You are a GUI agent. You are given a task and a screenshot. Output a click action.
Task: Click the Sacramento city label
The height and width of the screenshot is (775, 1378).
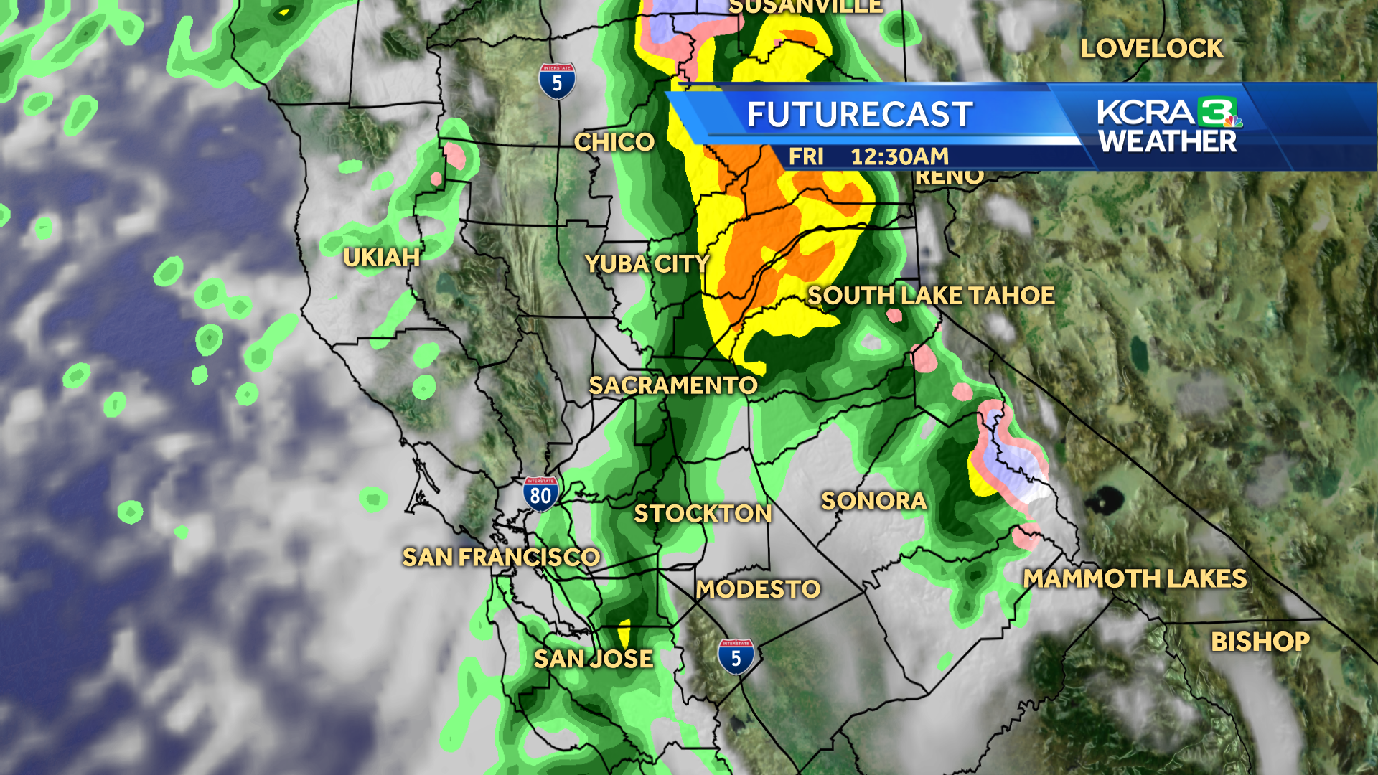(672, 385)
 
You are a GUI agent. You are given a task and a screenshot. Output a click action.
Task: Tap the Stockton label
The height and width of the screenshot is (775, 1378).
(703, 513)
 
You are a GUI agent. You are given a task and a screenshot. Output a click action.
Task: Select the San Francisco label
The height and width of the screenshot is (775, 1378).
(500, 557)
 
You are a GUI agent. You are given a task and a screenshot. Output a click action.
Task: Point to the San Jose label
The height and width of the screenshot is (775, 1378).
(593, 659)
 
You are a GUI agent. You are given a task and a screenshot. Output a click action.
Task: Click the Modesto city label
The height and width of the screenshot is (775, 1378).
(758, 589)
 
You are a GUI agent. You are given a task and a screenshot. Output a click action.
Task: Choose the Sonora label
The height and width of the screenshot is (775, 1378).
(873, 501)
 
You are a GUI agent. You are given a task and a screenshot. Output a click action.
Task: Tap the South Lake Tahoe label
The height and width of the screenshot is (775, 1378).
(931, 296)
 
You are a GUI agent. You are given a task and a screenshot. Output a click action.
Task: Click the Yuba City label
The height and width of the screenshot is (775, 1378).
(647, 264)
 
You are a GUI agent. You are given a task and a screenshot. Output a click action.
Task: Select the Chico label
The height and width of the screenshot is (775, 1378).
(614, 142)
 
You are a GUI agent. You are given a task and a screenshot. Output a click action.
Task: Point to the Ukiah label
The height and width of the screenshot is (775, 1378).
(381, 258)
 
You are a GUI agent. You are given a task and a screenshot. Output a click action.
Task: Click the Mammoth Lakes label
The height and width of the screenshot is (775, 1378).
(1135, 578)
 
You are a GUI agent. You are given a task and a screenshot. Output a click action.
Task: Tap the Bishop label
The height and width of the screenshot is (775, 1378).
(1260, 642)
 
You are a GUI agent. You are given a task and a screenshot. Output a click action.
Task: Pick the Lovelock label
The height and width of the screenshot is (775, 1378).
(1151, 49)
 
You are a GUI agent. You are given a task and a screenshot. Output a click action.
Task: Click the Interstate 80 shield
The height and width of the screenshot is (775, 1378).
(540, 494)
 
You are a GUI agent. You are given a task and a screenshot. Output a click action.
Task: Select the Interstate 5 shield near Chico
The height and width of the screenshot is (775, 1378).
(557, 82)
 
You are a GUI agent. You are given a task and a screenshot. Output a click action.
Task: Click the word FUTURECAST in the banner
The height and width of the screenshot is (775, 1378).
(860, 115)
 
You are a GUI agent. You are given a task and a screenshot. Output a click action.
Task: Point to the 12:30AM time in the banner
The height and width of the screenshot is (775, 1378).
(899, 156)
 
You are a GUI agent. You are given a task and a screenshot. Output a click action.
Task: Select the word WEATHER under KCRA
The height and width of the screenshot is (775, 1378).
(1168, 142)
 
